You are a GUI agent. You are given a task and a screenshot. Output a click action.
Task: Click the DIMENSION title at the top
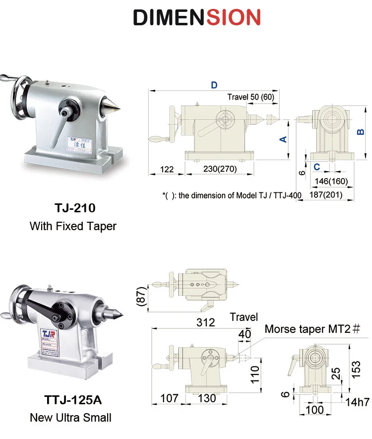tap(197, 17)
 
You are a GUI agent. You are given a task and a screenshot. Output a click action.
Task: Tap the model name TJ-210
tap(75, 208)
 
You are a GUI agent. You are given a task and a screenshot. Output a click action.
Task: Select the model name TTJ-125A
tap(73, 400)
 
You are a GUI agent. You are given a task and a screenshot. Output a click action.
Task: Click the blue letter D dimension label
tap(214, 85)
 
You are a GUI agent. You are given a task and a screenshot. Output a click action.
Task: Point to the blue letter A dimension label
tap(283, 139)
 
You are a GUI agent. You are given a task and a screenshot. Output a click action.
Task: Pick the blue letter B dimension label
tap(361, 132)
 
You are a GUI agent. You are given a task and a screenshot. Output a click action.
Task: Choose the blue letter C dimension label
tap(316, 167)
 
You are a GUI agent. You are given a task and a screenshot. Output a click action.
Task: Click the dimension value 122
tap(167, 169)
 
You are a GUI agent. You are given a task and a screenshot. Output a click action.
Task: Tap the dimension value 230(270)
tap(220, 169)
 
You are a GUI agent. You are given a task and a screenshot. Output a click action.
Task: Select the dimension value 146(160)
tap(331, 181)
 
